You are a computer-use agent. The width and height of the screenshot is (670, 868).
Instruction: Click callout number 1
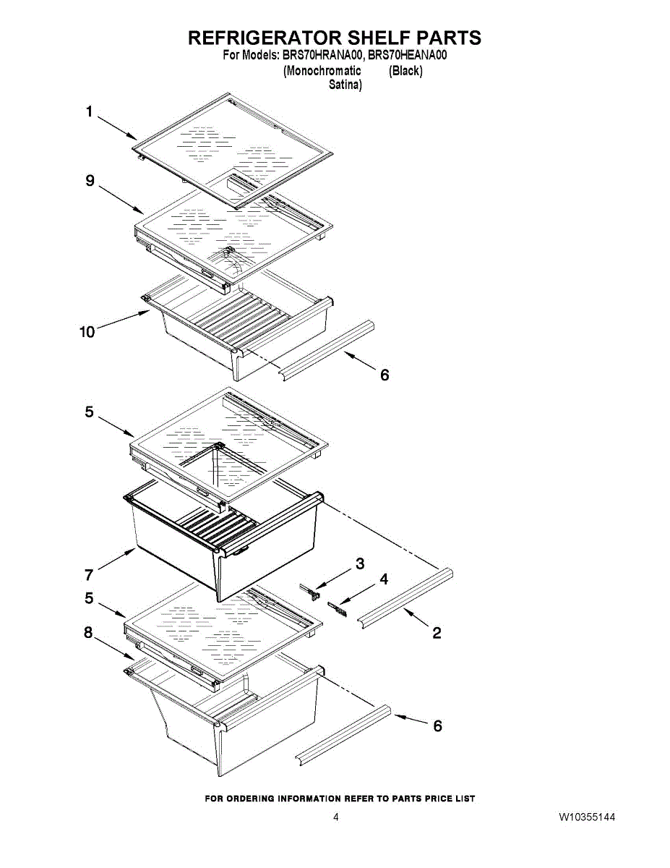click(90, 111)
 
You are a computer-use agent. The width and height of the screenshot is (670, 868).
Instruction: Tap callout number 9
click(90, 181)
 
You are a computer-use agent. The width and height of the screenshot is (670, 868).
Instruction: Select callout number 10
click(87, 332)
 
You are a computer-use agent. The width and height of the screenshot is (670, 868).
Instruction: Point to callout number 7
click(89, 575)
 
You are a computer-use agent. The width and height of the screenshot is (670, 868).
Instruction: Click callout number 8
click(88, 633)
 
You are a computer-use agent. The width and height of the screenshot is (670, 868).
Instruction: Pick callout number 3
click(359, 563)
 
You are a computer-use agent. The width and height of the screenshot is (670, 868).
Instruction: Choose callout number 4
click(384, 579)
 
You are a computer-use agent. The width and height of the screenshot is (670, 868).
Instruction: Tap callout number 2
click(437, 634)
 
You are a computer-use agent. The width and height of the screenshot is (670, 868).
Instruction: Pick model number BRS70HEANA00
click(408, 55)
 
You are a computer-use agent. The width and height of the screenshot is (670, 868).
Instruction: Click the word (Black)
click(405, 71)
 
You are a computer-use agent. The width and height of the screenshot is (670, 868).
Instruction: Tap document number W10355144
click(587, 817)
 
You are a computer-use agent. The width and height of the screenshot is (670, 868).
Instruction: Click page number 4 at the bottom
click(335, 817)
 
